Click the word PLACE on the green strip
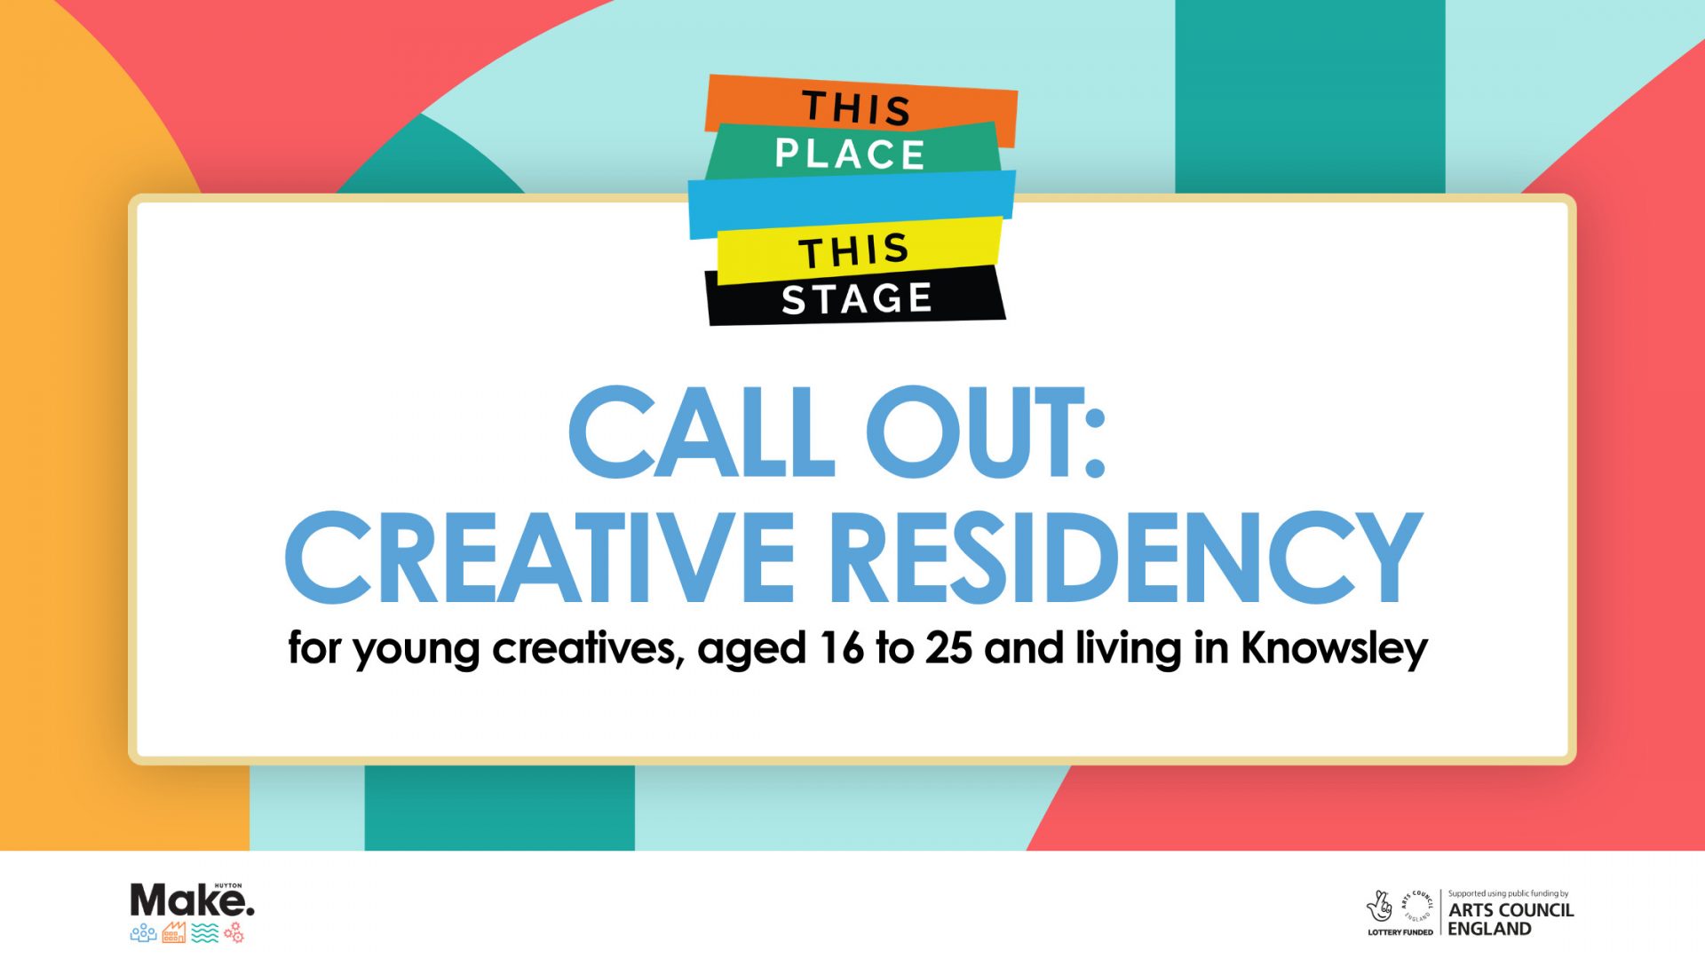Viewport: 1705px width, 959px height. [x=850, y=155]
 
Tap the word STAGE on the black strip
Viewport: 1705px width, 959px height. [x=857, y=298]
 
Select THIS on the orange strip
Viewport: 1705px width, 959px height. [x=857, y=108]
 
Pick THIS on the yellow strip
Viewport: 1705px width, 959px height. [x=854, y=251]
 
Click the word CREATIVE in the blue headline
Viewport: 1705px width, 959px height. [x=540, y=558]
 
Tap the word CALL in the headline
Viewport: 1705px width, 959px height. [x=702, y=432]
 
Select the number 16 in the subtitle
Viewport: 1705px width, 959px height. [x=841, y=648]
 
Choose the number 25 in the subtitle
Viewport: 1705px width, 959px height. [x=949, y=648]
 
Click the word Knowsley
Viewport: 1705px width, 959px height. [x=1334, y=649]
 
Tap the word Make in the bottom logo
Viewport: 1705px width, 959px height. [x=190, y=901]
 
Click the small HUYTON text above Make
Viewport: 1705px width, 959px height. [x=228, y=885]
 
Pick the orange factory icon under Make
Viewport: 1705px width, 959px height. [x=174, y=932]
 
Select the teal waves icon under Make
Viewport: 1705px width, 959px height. [x=205, y=932]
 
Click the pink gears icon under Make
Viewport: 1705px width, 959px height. [x=234, y=932]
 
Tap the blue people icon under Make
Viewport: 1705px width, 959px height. [x=143, y=933]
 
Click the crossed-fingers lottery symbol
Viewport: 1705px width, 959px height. [x=1379, y=907]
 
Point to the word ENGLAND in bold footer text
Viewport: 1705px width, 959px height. [x=1490, y=929]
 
